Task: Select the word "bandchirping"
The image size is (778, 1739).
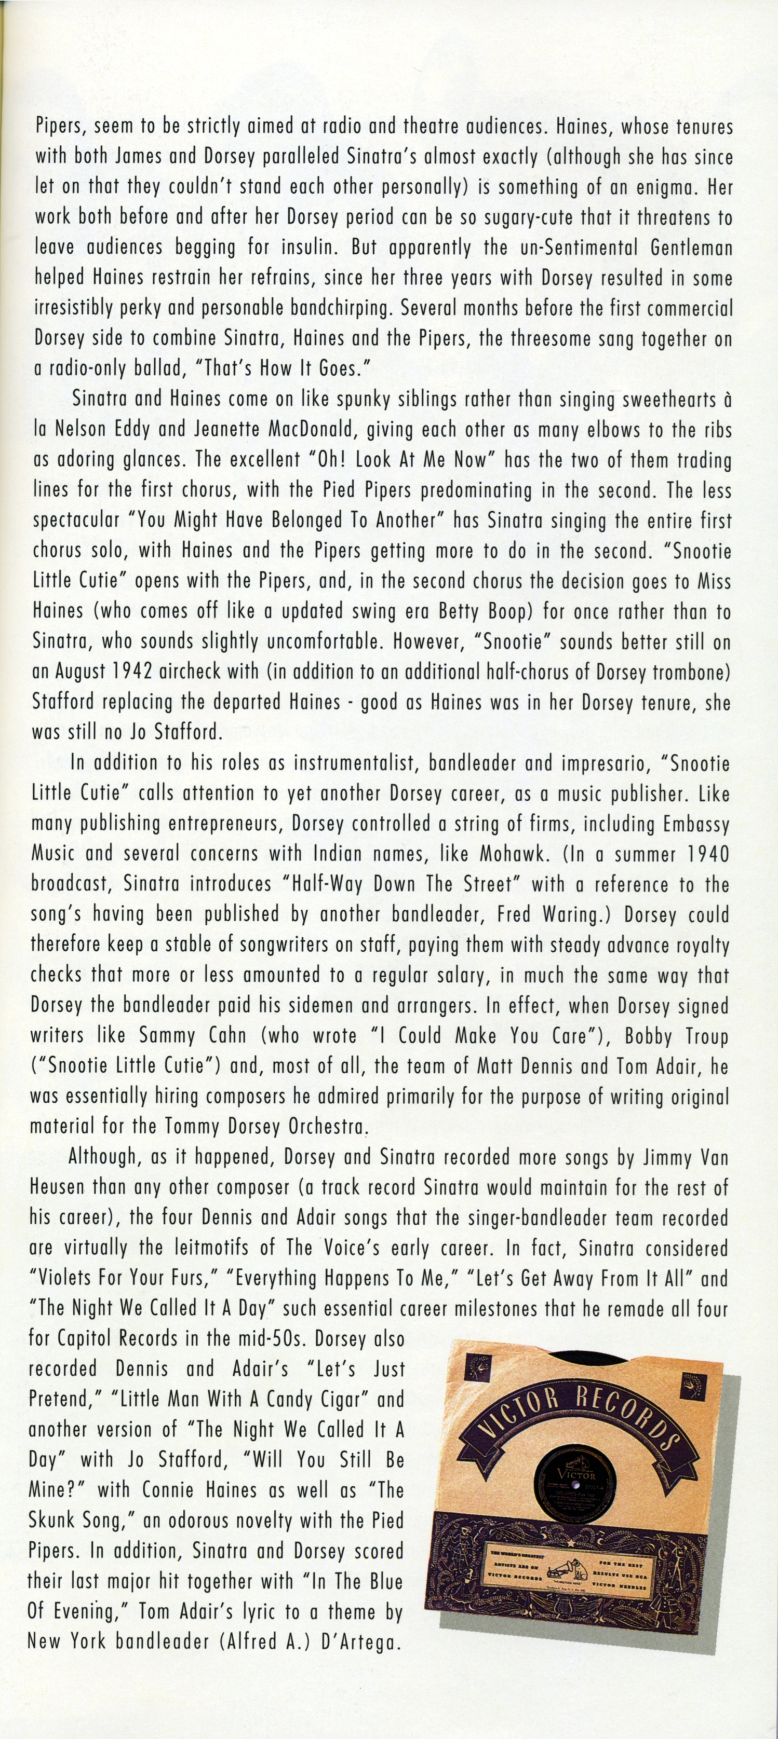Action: pyautogui.click(x=341, y=308)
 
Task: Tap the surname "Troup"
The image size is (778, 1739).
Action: pyautogui.click(x=706, y=1036)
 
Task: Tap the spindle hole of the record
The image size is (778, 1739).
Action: pyautogui.click(x=575, y=1483)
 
